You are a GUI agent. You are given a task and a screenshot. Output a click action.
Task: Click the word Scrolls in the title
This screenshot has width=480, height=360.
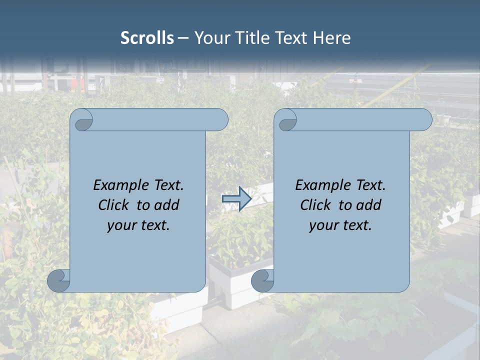pyautogui.click(x=147, y=38)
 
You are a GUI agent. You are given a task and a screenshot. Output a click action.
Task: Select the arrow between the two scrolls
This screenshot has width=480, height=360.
pyautogui.click(x=236, y=199)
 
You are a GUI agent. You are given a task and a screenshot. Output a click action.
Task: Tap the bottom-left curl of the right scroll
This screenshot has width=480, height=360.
pyautogui.click(x=263, y=280)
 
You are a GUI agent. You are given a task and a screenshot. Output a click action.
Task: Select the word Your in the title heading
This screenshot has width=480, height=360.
pyautogui.click(x=210, y=38)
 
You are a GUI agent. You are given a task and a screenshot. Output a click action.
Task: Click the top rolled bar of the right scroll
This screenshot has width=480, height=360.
pyautogui.click(x=360, y=120)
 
